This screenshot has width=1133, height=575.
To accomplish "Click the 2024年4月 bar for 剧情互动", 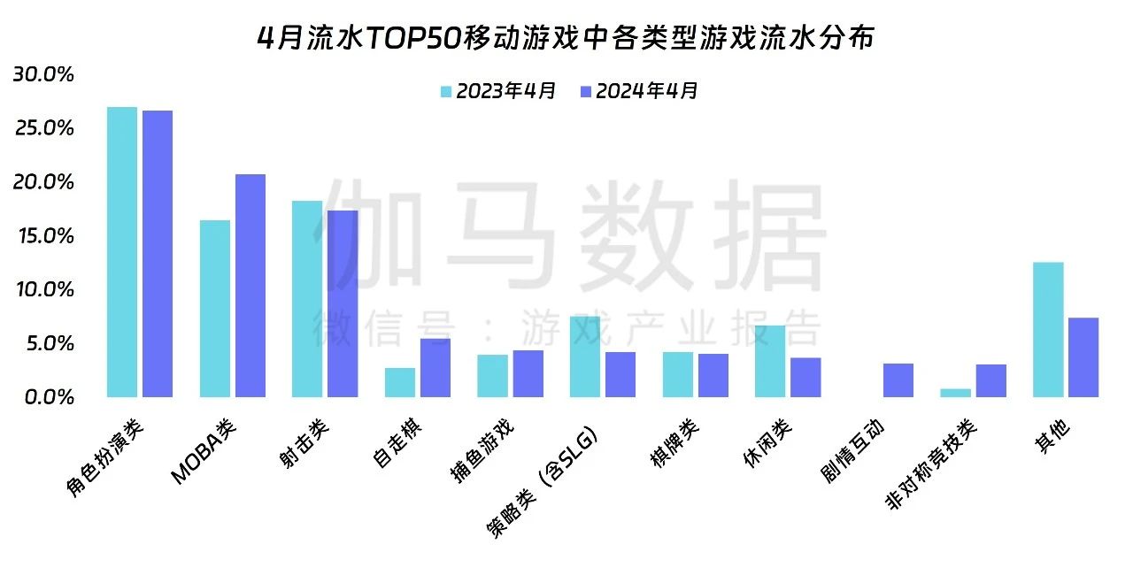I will [898, 380].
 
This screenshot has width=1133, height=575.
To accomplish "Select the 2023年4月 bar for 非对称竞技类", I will [955, 393].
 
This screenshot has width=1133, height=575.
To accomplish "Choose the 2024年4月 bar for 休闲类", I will [805, 378].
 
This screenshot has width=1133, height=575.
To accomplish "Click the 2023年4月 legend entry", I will [498, 91].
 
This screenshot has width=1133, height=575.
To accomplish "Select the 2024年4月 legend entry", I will [639, 91].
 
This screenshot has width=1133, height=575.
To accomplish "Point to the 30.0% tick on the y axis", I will [43, 74].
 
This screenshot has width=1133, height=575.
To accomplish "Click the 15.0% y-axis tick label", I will [43, 236].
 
